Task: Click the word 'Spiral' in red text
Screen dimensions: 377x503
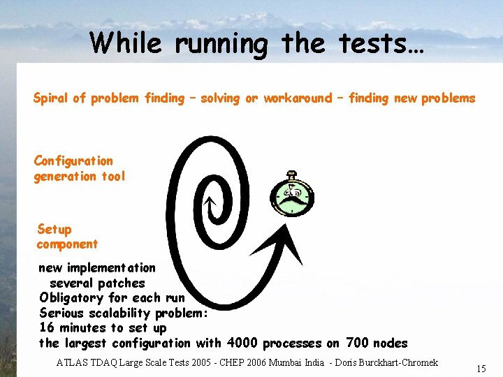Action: pyautogui.click(x=50, y=98)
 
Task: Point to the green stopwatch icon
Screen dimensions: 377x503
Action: pyautogui.click(x=293, y=196)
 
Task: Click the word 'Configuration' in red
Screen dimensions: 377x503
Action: pyautogui.click(x=73, y=161)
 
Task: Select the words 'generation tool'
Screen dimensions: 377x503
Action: pyautogui.click(x=80, y=176)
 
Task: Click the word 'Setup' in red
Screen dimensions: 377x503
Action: pyautogui.click(x=54, y=229)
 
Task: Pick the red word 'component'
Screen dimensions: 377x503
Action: pyautogui.click(x=67, y=244)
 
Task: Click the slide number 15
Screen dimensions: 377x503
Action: pyautogui.click(x=481, y=369)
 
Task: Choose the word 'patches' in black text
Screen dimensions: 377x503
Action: pyautogui.click(x=122, y=283)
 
